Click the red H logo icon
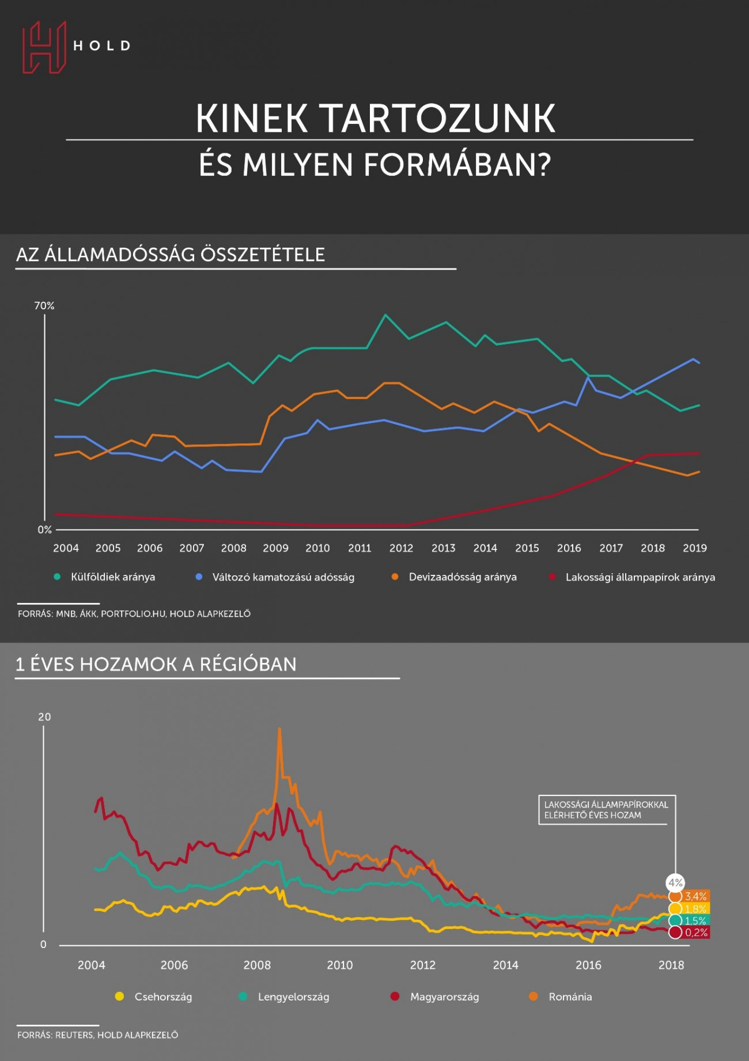[44, 47]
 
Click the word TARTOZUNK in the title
[437, 119]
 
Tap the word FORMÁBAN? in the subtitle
[457, 165]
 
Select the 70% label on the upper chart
[44, 306]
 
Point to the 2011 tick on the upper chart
[360, 548]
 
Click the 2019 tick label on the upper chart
[695, 548]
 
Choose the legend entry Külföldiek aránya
[105, 577]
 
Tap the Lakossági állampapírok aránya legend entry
[632, 577]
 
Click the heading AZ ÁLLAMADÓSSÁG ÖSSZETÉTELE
[171, 255]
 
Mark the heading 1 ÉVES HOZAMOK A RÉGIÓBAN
[156, 665]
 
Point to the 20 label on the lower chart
[44, 717]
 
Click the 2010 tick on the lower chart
[340, 965]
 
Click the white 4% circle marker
[675, 882]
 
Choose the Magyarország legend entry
[435, 997]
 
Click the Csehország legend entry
[154, 997]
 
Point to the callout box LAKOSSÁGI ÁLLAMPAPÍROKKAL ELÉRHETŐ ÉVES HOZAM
[607, 810]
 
